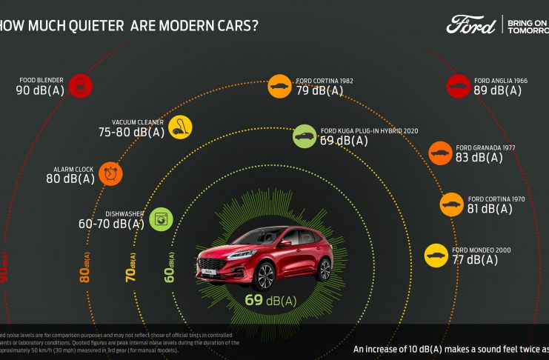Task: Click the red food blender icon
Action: pyautogui.click(x=79, y=85)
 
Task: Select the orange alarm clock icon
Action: pyautogui.click(x=110, y=173)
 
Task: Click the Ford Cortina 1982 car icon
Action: pyautogui.click(x=279, y=86)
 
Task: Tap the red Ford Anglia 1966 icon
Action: pyautogui.click(x=458, y=86)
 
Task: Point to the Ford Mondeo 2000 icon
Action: pyautogui.click(x=436, y=256)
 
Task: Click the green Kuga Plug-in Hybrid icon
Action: pyautogui.click(x=305, y=136)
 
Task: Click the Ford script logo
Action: pyautogui.click(x=471, y=24)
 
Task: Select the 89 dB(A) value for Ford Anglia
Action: pyautogui.click(x=498, y=90)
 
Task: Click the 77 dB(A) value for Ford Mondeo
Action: pyautogui.click(x=475, y=260)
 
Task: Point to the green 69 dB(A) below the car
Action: pyautogui.click(x=270, y=300)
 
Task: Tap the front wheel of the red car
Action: pyautogui.click(x=264, y=276)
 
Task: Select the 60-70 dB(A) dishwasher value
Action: pyautogui.click(x=112, y=224)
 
